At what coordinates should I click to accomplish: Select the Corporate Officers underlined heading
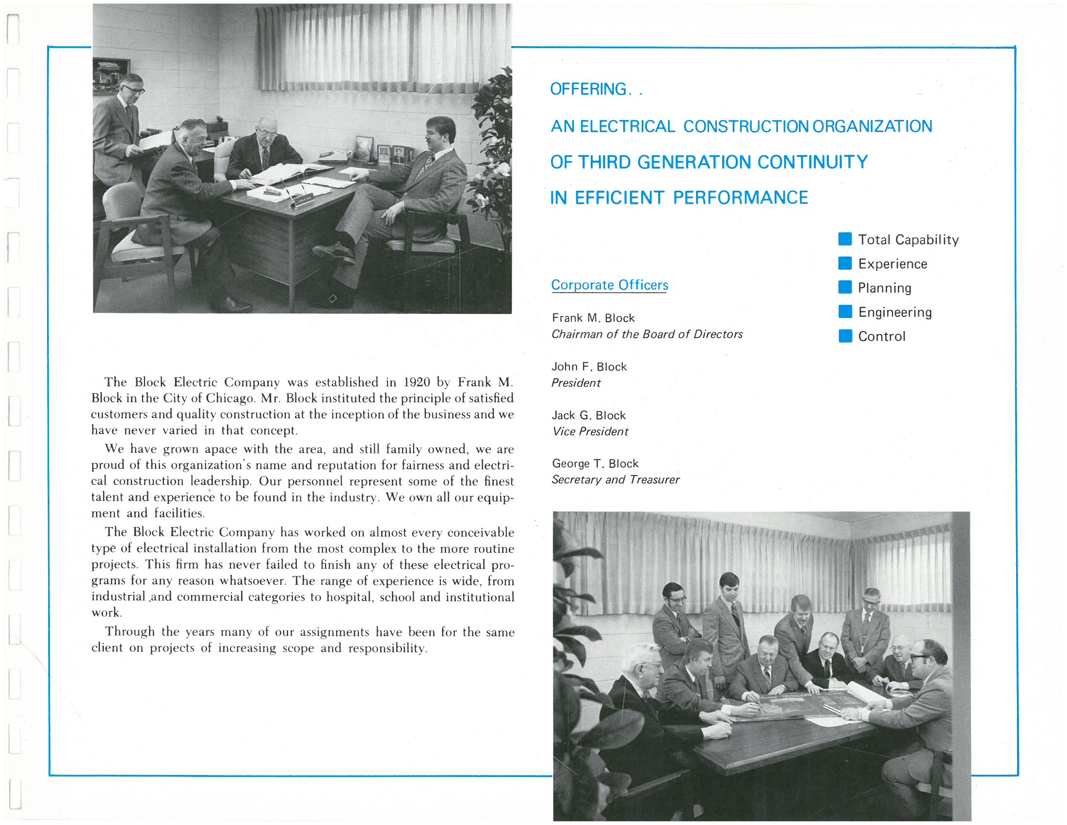[x=609, y=284]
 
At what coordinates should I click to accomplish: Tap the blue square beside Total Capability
[x=845, y=239]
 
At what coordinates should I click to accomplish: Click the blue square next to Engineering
[x=845, y=312]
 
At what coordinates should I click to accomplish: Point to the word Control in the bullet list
[x=881, y=336]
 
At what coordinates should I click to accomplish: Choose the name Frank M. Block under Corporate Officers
[x=593, y=318]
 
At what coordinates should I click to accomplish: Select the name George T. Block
[x=595, y=463]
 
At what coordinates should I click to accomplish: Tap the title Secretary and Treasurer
[x=615, y=479]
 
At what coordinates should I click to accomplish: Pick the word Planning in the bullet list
[x=884, y=288]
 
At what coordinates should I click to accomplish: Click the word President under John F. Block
[x=576, y=383]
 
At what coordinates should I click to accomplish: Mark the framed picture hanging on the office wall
[x=112, y=76]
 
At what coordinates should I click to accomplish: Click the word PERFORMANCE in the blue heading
[x=740, y=198]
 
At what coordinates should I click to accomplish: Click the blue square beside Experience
[x=845, y=263]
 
